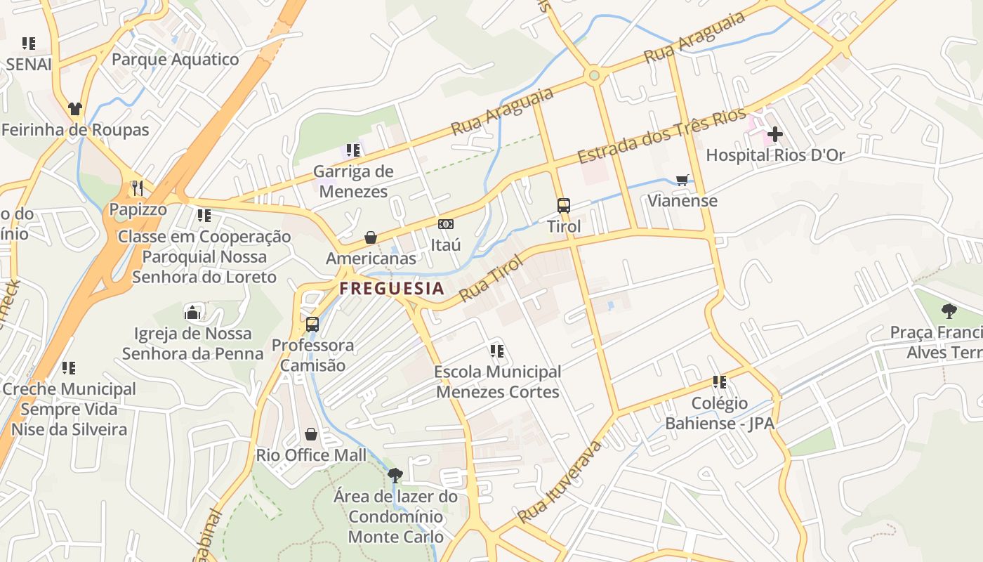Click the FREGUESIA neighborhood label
click(392, 288)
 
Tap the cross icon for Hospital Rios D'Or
click(775, 133)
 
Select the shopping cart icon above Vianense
click(682, 180)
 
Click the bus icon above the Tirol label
click(564, 206)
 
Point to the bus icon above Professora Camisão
click(312, 325)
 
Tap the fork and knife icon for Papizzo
click(138, 188)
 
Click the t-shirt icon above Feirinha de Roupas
click(75, 109)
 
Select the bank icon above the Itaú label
click(445, 224)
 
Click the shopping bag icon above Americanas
click(371, 237)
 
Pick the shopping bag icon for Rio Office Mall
click(311, 434)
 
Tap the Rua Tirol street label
click(491, 279)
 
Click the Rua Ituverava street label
click(560, 482)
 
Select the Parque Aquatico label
click(176, 59)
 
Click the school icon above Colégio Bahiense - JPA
click(719, 382)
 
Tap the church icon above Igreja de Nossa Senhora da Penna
click(192, 312)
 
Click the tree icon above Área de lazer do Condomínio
click(395, 475)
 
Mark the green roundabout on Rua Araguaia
click(595, 74)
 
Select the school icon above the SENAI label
click(29, 44)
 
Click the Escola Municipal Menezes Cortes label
click(498, 381)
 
